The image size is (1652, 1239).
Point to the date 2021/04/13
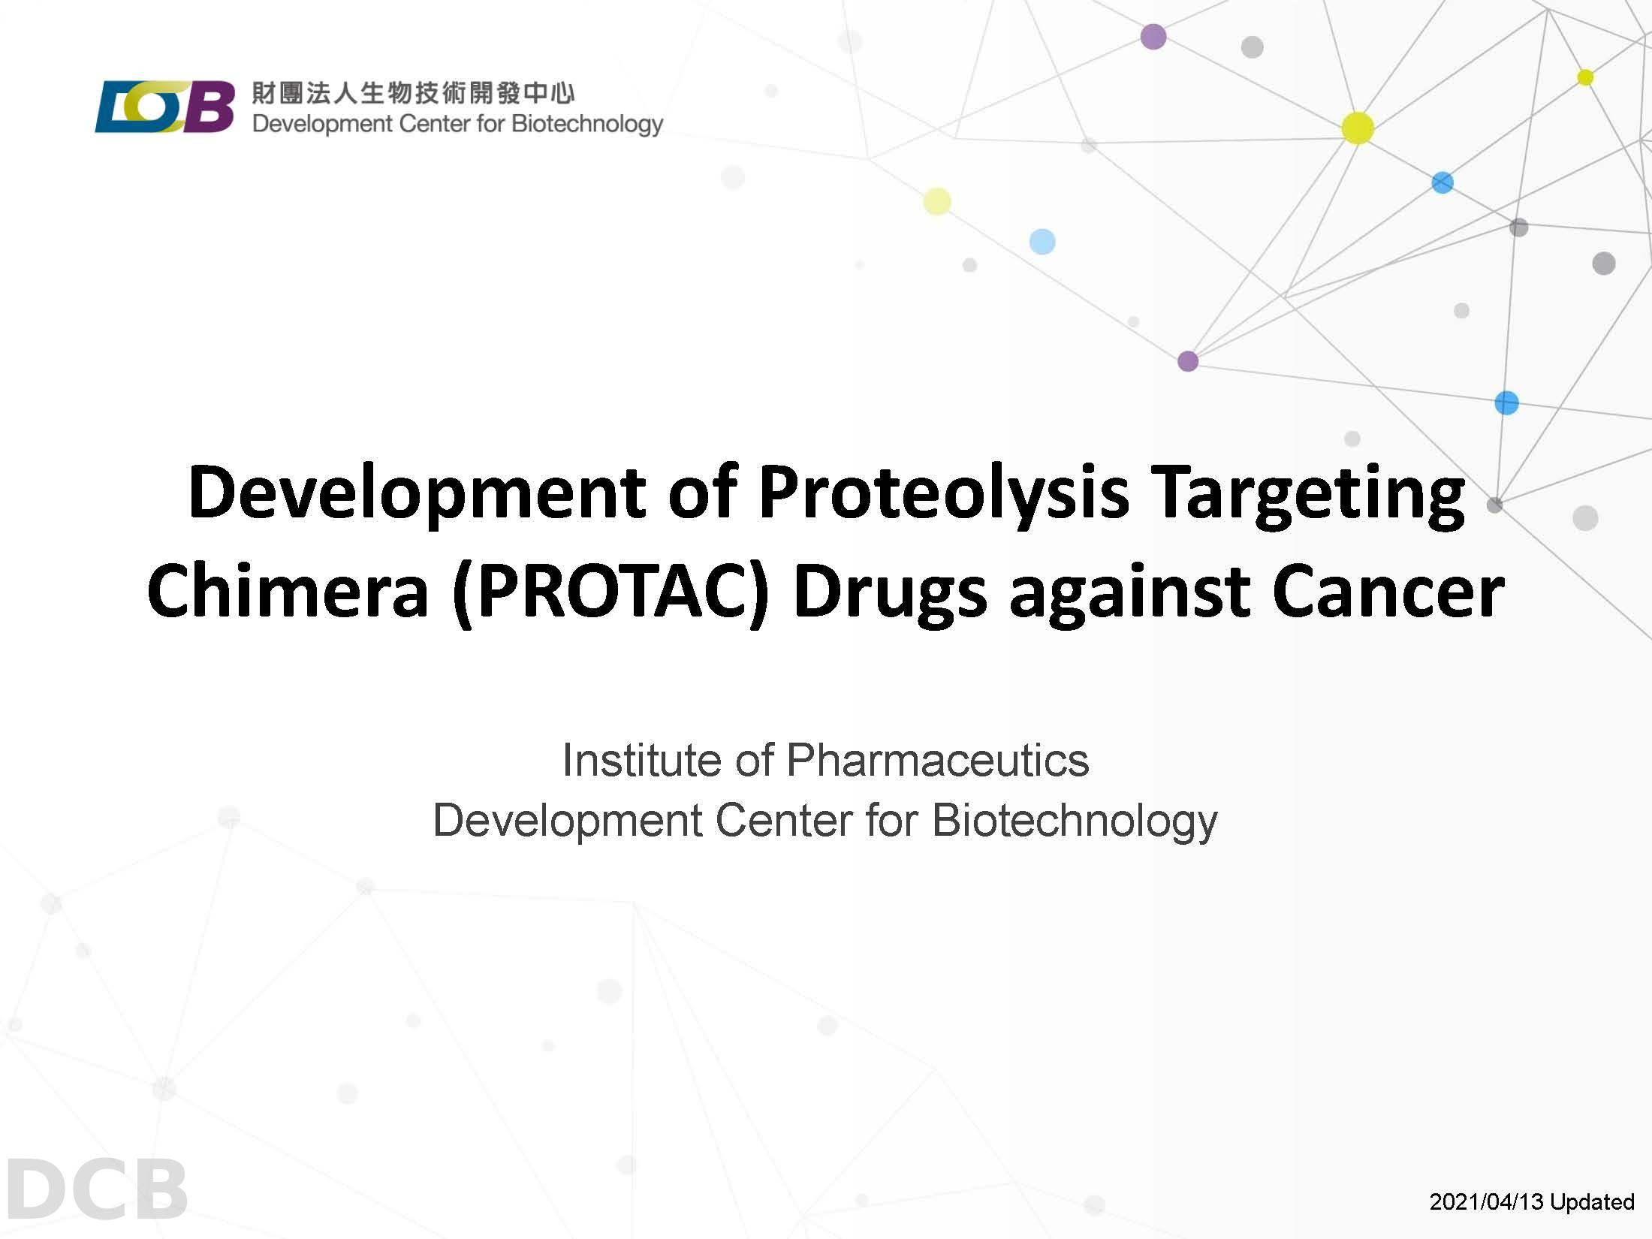tap(1487, 1201)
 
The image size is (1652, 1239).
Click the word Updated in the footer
tap(1592, 1201)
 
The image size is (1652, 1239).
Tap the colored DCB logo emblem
tap(164, 107)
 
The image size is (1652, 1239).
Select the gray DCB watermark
tap(96, 1189)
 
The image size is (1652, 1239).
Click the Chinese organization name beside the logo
tap(413, 93)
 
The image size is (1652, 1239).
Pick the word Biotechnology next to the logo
tap(587, 124)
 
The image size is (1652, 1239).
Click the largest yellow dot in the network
tap(1358, 128)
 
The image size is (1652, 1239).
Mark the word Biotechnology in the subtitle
tap(1075, 820)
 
